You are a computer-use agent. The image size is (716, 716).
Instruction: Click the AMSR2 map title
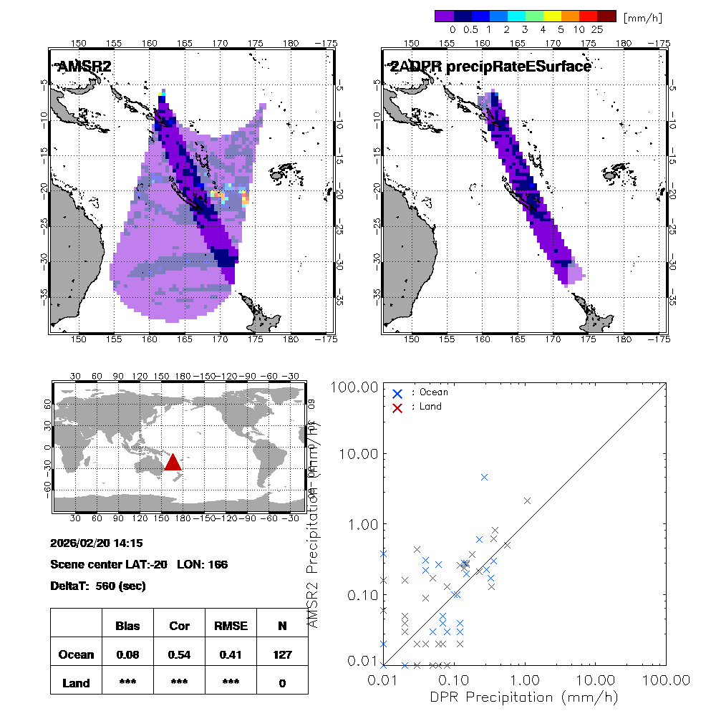[84, 67]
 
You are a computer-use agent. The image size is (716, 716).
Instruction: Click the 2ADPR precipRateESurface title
[490, 67]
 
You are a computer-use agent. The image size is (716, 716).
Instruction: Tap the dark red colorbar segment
[606, 15]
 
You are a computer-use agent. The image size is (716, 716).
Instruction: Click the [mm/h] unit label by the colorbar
[642, 16]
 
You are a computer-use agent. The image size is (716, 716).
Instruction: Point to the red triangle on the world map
[173, 462]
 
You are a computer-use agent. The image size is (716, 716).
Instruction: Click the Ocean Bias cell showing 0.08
[127, 654]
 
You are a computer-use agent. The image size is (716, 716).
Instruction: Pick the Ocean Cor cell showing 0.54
[179, 654]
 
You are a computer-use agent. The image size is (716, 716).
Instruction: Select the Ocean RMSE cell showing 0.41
[231, 654]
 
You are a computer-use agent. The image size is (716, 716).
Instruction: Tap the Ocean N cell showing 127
[282, 654]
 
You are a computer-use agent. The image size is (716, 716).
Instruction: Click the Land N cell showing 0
[282, 683]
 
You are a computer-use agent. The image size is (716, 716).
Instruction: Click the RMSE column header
[231, 626]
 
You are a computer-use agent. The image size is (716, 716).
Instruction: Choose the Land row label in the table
[76, 683]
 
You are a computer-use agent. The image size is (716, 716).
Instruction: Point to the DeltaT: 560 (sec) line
[98, 586]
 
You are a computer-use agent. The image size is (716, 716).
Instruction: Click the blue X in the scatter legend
[397, 392]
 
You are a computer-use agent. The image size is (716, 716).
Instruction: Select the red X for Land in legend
[397, 407]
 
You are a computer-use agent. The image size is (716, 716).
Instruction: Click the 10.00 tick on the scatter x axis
[596, 679]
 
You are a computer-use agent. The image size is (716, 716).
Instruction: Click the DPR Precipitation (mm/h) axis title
[524, 697]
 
